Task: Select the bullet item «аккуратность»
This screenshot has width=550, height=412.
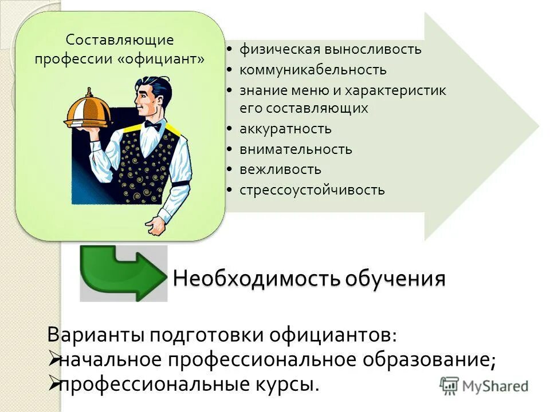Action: coord(285,129)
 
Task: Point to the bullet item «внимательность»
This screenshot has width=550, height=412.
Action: coord(296,149)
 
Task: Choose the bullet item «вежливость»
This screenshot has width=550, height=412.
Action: coord(280,169)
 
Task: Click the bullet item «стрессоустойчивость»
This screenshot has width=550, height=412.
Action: coord(312,190)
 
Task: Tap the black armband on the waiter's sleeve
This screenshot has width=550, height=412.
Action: coord(182,184)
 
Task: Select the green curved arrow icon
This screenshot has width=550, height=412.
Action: coord(121,274)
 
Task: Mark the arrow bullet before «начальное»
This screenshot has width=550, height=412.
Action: coord(52,359)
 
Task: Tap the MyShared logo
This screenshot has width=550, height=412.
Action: coord(484,386)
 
